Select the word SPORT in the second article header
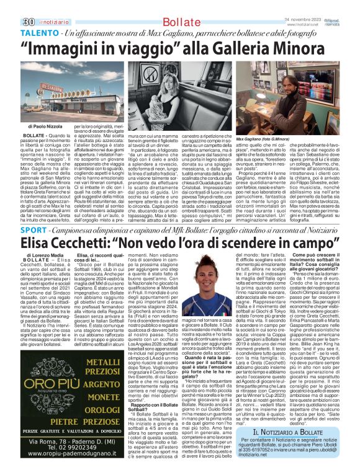coord(34,229)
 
